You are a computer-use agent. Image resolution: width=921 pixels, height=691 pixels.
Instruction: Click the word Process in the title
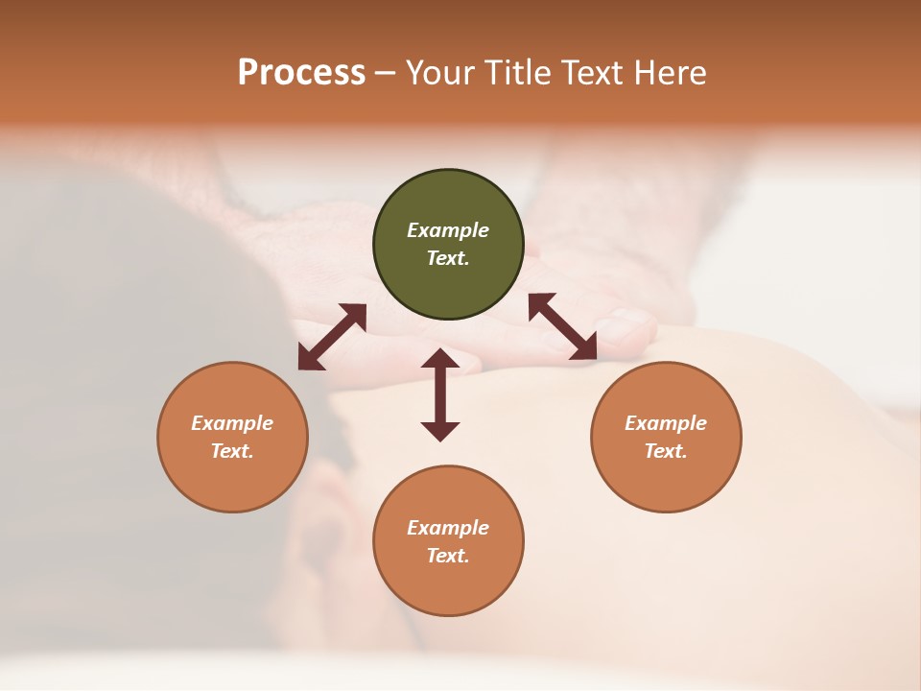[x=301, y=73]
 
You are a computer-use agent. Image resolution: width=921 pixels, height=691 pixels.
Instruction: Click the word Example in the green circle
[x=448, y=230]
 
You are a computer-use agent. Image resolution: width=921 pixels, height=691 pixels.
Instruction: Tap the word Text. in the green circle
[x=448, y=258]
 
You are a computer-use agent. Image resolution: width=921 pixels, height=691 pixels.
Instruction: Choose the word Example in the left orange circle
[x=232, y=423]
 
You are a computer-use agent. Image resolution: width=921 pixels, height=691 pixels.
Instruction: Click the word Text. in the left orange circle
[x=232, y=451]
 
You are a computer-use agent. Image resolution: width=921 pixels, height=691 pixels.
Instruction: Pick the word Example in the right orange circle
[x=666, y=423]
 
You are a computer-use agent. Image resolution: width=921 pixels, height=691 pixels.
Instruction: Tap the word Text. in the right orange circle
[x=666, y=451]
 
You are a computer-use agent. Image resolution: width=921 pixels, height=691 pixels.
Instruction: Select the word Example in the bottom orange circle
[x=448, y=528]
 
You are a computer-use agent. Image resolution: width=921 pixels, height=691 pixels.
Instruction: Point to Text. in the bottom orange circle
[x=448, y=556]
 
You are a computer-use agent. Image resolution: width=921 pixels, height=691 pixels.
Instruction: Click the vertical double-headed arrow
[x=440, y=394]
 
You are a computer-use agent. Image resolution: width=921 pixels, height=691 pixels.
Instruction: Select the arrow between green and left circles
[x=332, y=337]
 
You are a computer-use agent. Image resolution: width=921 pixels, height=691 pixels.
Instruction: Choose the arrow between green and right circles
[x=562, y=326]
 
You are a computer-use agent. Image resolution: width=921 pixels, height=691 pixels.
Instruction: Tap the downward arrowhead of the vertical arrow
[x=440, y=430]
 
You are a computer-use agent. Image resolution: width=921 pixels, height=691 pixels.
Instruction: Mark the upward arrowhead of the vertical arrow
[x=440, y=360]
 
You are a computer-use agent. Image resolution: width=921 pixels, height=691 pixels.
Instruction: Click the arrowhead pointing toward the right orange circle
[x=583, y=347]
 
